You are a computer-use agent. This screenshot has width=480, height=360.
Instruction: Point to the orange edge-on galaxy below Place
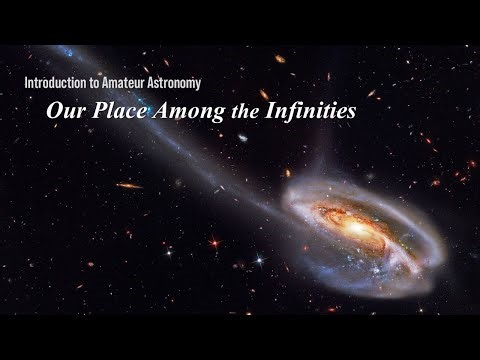(x=129, y=185)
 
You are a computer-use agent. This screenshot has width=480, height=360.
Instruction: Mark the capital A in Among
(x=161, y=112)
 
